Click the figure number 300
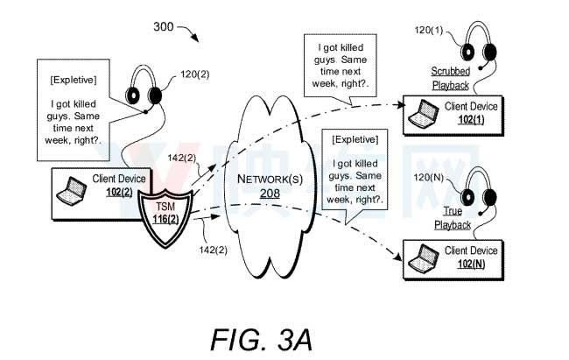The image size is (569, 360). [x=163, y=29]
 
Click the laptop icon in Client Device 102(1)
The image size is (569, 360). [x=426, y=111]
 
